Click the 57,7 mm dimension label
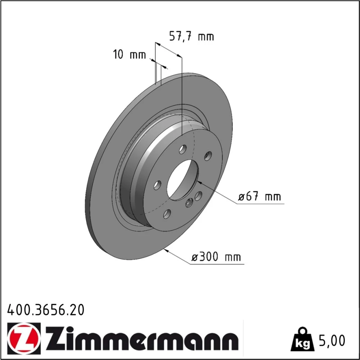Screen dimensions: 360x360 [191, 36]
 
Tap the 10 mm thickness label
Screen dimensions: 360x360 [129, 55]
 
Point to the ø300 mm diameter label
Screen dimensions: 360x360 [216, 257]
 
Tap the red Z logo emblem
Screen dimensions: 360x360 [24, 339]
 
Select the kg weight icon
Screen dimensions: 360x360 [302, 341]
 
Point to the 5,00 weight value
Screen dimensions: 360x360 [332, 341]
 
